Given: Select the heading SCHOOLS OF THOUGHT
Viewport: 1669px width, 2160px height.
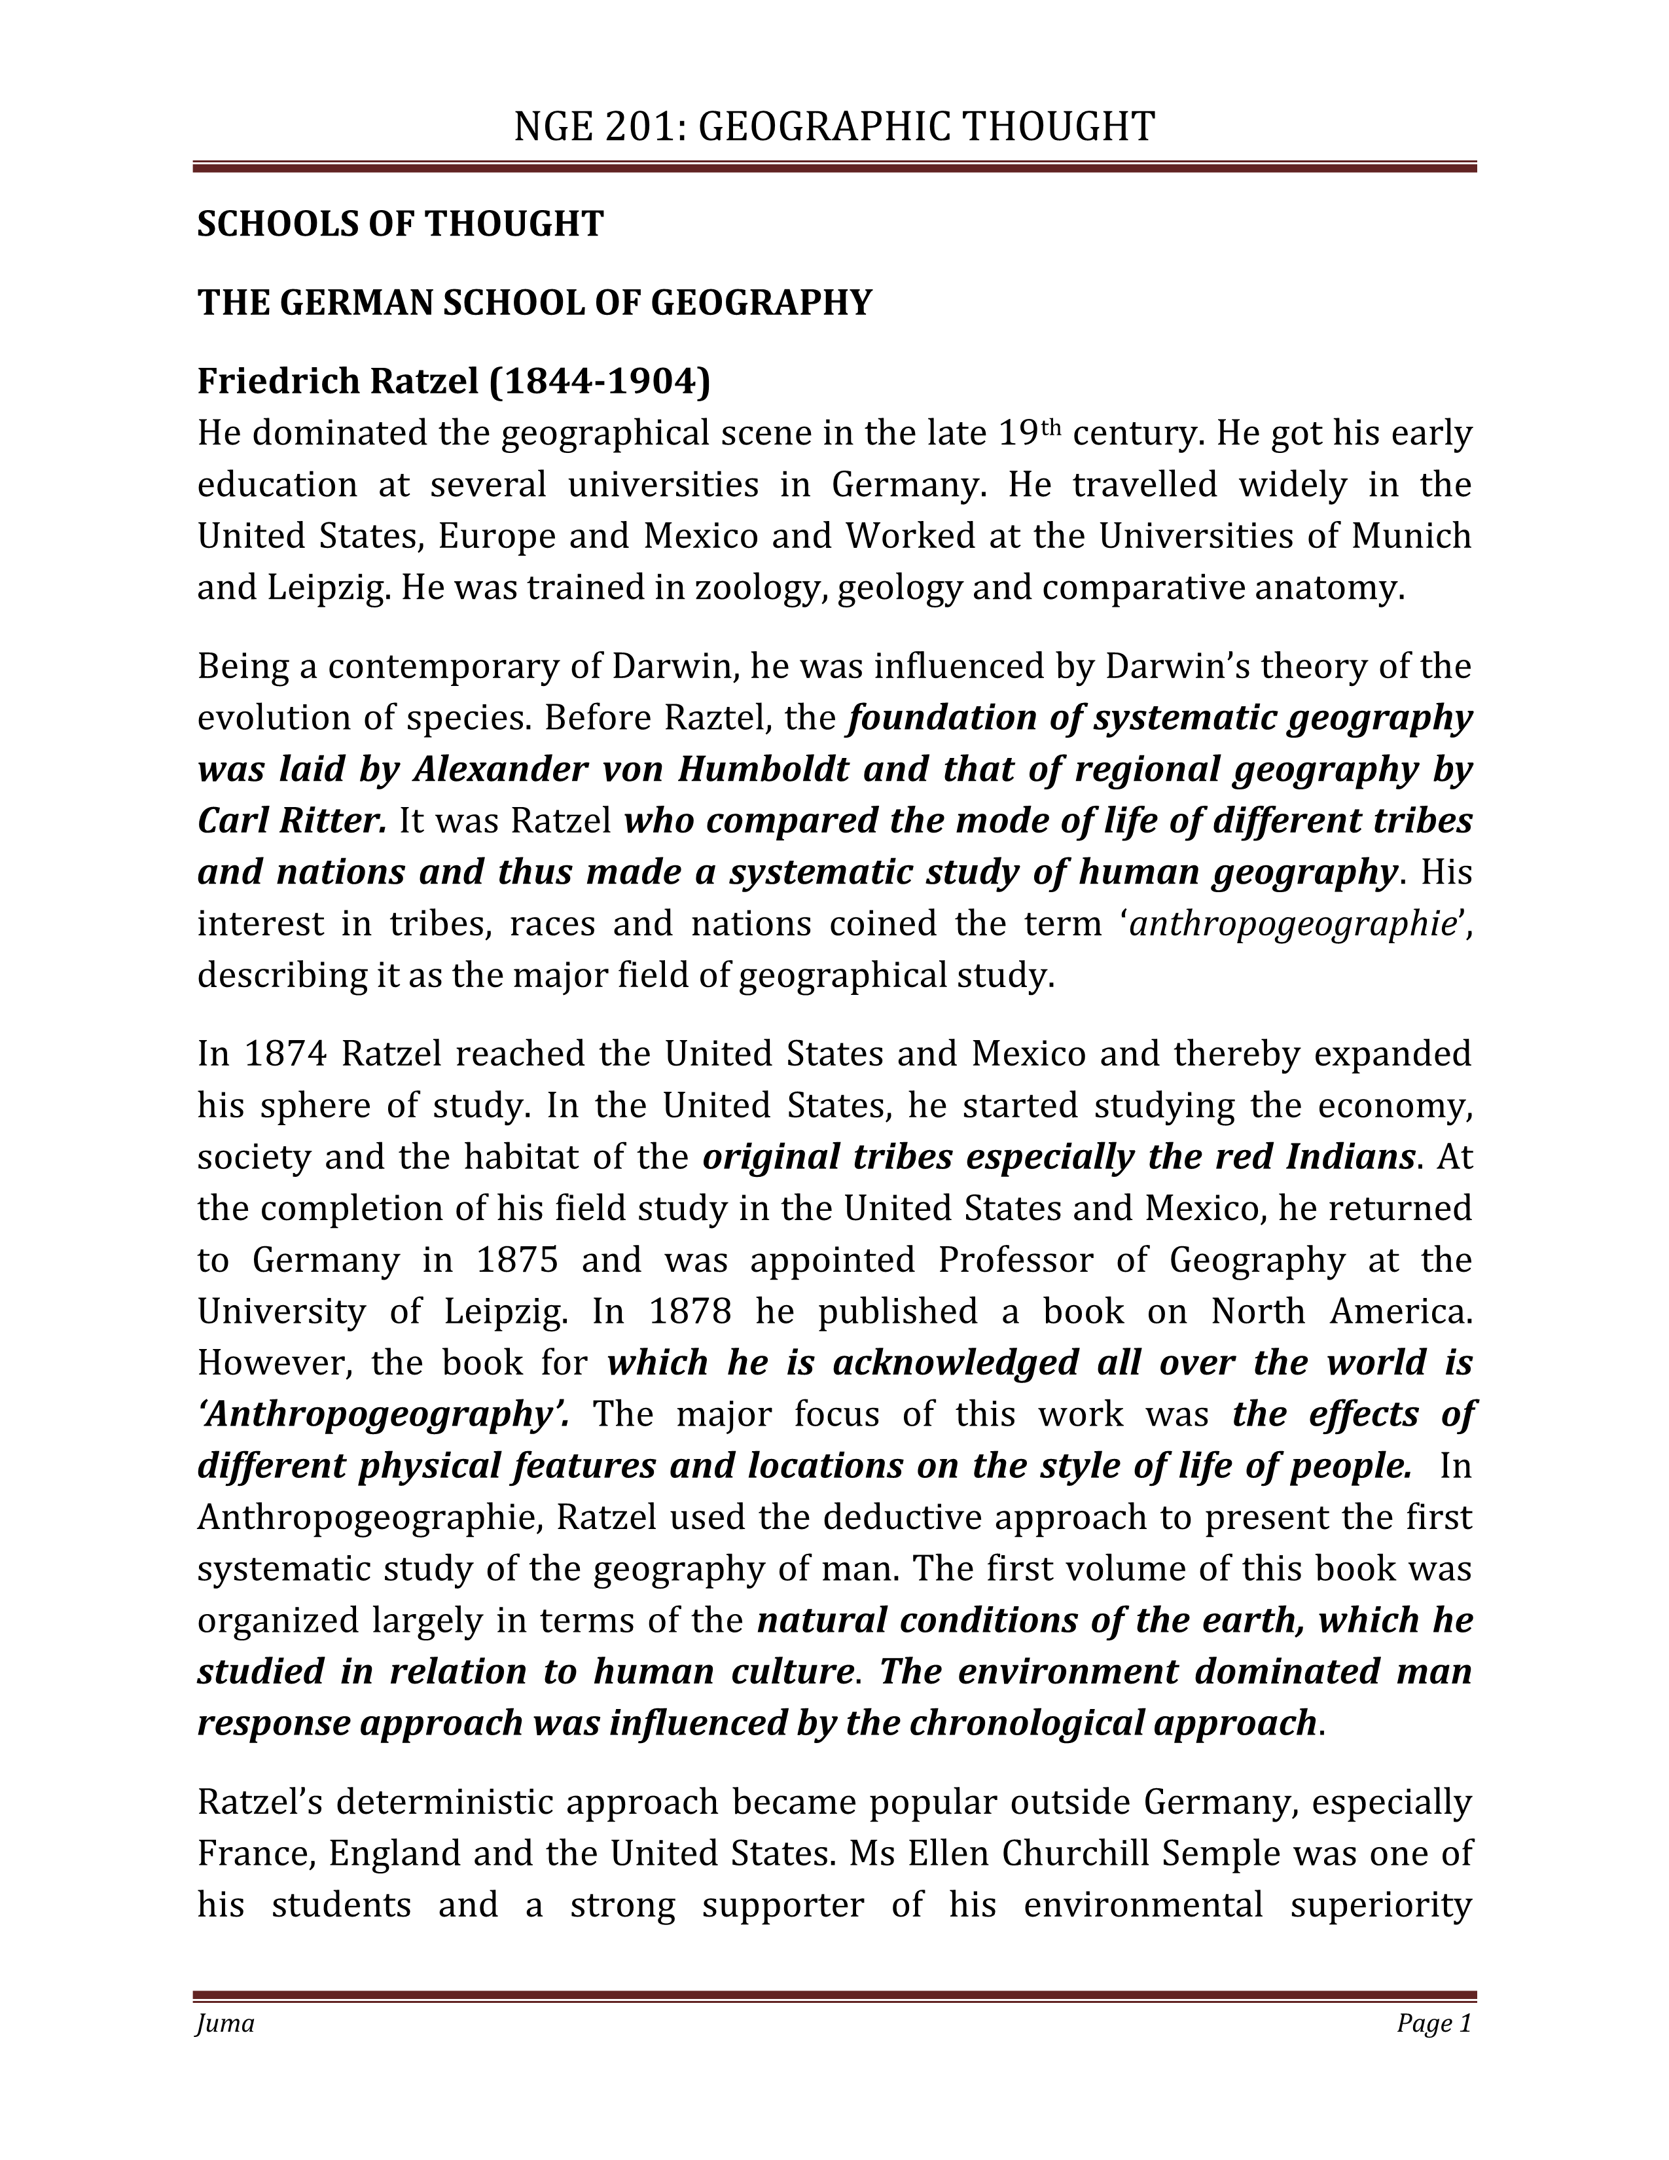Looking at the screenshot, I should tap(401, 225).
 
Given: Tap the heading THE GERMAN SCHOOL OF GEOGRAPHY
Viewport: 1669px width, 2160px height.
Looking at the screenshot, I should tap(535, 302).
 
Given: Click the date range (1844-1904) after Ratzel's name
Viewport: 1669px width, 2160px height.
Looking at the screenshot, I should tap(600, 381).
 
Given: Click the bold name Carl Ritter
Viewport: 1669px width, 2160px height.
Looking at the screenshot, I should tap(292, 821).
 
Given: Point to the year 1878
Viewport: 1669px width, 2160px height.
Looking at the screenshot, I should tap(690, 1312).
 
